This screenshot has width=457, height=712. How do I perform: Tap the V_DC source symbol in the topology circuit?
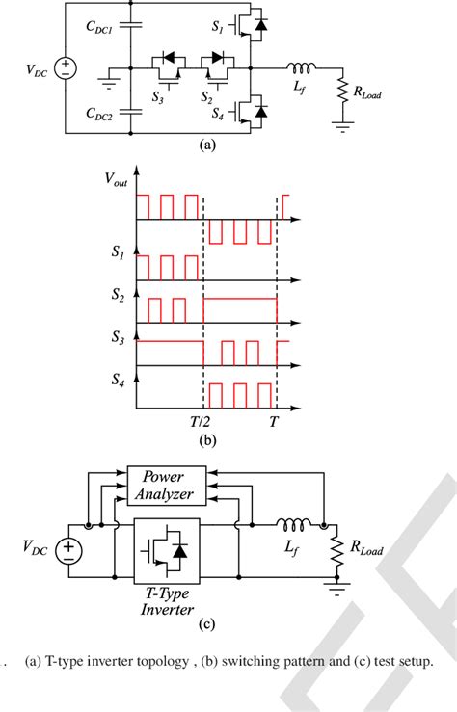point(65,68)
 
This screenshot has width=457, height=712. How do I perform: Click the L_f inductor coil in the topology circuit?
point(299,67)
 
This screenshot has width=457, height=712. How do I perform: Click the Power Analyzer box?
point(168,486)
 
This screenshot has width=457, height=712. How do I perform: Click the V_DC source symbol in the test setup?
point(68,550)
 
